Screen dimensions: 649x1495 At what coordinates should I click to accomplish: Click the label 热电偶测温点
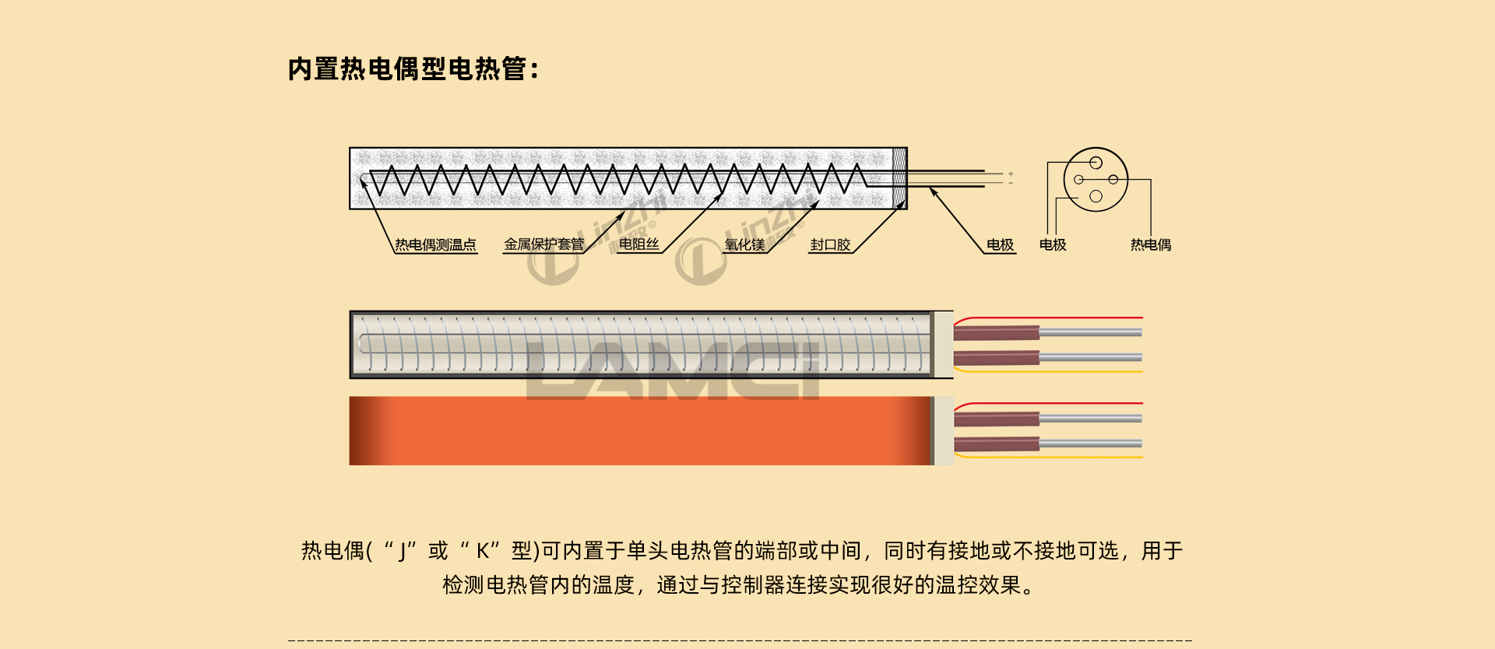click(x=435, y=245)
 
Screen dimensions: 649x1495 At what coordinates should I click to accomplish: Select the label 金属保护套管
click(x=543, y=244)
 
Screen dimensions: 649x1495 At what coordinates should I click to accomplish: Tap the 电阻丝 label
click(x=638, y=244)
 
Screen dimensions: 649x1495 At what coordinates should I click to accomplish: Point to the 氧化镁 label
click(x=744, y=245)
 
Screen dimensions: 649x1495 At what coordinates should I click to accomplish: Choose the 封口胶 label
click(x=830, y=245)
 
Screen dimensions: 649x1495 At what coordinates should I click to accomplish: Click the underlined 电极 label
click(x=1000, y=245)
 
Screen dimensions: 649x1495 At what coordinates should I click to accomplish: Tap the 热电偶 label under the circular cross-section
click(x=1150, y=245)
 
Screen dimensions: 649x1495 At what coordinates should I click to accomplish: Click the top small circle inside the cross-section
click(x=1096, y=163)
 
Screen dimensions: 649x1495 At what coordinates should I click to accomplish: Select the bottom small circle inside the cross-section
click(x=1096, y=196)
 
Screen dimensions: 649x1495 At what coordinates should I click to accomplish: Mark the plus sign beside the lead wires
click(x=1011, y=174)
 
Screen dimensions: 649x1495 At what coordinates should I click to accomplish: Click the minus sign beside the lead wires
click(x=1011, y=183)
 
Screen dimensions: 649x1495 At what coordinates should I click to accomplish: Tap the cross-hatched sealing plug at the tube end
click(x=899, y=178)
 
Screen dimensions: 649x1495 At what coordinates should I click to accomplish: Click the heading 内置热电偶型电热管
click(x=413, y=69)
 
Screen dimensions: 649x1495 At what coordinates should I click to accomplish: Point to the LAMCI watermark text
click(x=674, y=371)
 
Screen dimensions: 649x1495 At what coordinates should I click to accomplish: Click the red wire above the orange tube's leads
click(x=1051, y=404)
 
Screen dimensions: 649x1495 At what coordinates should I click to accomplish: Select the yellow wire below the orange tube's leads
click(x=1051, y=457)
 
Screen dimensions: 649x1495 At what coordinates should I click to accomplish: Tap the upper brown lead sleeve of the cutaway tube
click(x=997, y=332)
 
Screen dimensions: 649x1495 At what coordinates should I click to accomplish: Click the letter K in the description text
click(x=483, y=552)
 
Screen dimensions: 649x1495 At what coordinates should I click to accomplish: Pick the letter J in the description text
click(x=403, y=552)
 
